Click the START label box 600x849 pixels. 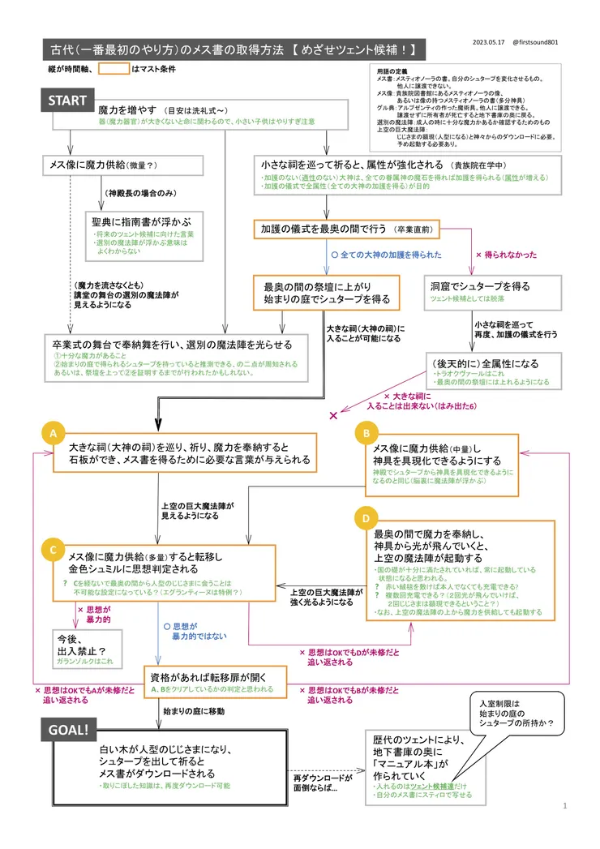[x=67, y=101]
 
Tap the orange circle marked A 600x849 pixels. [x=53, y=435]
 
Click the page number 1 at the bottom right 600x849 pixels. [x=564, y=806]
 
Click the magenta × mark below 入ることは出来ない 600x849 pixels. [x=332, y=415]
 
